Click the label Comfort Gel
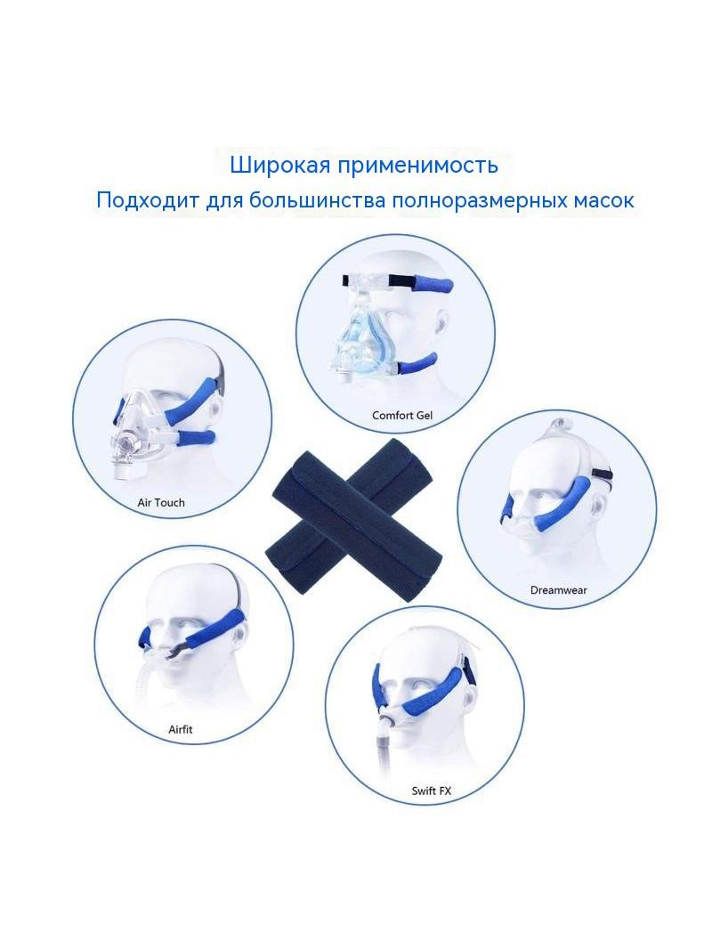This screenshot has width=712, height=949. point(401,415)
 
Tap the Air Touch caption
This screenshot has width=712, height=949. point(161,502)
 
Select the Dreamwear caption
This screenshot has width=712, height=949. point(558,590)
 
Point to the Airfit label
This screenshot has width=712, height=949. point(181,729)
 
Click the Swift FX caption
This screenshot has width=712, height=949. point(432,791)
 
